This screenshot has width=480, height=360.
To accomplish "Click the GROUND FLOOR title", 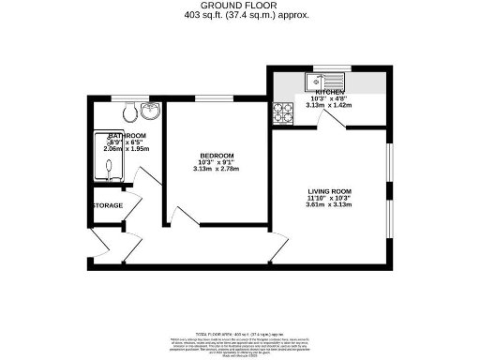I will coord(239,5).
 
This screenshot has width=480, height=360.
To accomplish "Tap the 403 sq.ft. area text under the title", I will coord(239,16).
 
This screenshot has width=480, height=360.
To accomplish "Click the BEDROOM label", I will coord(217,155).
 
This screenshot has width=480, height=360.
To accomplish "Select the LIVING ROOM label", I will coord(334,190).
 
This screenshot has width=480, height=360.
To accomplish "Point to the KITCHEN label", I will coord(336,92).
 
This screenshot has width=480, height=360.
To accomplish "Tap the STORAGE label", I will coord(106,205).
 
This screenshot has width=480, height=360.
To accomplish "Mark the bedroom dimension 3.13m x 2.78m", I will coord(217,170).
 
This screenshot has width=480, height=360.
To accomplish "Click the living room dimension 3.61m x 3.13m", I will coord(334,205).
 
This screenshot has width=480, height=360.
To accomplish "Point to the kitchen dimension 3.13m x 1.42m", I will coord(336,106).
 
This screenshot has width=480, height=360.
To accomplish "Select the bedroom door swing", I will coord(184,217).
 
